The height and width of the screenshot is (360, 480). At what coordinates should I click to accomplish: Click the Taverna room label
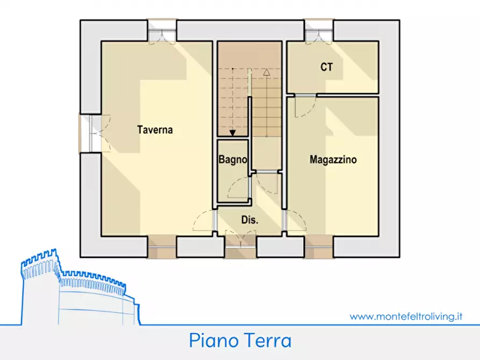155,129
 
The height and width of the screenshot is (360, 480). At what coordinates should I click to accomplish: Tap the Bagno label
233,160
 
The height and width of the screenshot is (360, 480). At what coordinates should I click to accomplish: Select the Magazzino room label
333,160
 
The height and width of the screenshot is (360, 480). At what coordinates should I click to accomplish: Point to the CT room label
326,67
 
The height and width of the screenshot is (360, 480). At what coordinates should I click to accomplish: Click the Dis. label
250,220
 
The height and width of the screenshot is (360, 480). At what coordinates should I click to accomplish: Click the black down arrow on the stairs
233,133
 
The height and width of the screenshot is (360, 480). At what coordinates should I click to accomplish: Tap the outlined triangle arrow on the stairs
267,72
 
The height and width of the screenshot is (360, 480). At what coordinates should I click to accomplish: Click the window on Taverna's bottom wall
162,247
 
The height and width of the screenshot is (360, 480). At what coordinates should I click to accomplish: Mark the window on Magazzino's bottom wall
318,247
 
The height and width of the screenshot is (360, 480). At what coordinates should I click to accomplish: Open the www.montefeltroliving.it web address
406,317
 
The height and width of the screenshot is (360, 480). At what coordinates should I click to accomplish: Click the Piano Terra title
240,341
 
